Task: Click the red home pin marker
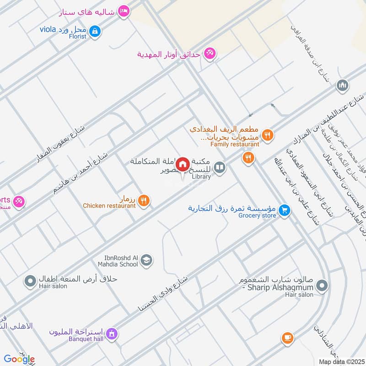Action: [183, 164]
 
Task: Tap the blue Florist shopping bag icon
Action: [95, 31]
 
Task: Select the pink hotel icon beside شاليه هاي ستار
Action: [123, 11]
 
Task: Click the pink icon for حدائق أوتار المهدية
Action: [210, 54]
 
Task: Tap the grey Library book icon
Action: [220, 168]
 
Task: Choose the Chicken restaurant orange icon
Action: [144, 200]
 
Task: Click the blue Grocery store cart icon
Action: [285, 210]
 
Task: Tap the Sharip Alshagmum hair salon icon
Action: [322, 286]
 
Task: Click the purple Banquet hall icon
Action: [112, 334]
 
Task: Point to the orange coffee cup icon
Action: [287, 338]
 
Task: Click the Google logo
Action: [19, 359]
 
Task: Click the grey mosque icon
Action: [342, 85]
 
